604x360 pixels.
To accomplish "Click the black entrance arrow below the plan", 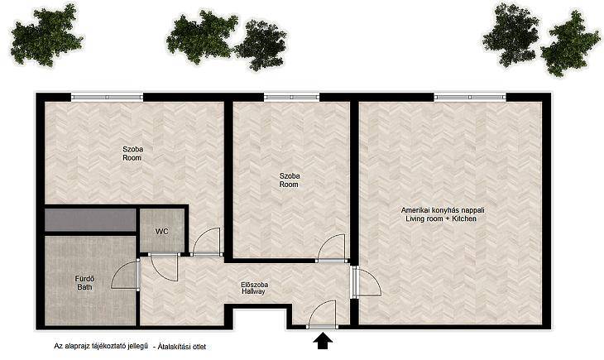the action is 322,341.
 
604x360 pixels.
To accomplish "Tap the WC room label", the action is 162,232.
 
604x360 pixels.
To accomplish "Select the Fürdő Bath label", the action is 84,282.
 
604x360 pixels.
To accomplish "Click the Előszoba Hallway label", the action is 254,288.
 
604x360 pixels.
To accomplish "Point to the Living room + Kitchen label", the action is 442,214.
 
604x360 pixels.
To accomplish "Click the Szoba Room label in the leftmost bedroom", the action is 132,153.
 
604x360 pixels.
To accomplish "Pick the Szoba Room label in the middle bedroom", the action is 290,180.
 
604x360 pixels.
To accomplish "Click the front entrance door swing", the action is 322,314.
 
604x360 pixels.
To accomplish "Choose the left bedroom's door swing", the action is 207,242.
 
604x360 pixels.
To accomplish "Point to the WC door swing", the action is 164,267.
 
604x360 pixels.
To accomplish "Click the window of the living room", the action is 470,97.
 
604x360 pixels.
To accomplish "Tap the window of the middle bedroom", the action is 291,97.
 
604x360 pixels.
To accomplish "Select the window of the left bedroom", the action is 107,97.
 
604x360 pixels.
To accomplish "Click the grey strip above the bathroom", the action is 90,220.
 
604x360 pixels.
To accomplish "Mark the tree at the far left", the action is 46,36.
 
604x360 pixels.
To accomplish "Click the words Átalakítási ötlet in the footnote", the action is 182,347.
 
